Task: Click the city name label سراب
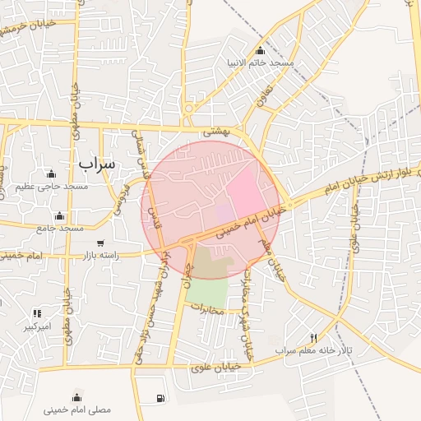(98, 164)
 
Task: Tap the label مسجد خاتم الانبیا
(260, 62)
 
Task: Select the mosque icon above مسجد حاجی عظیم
(51, 173)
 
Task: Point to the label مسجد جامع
(58, 228)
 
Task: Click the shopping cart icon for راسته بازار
(100, 243)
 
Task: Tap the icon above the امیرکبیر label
(37, 313)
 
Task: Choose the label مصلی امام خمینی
(77, 409)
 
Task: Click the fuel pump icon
(160, 399)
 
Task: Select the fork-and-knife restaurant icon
(313, 338)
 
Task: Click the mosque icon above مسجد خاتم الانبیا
(261, 50)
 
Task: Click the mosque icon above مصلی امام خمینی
(77, 396)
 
